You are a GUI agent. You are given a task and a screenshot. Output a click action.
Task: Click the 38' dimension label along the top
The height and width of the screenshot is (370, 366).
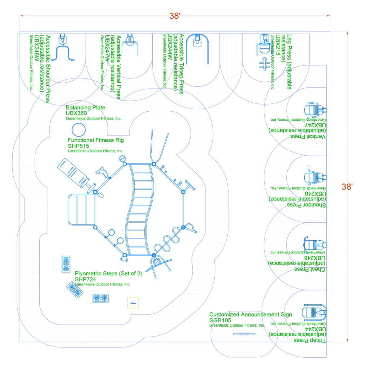[x=175, y=16]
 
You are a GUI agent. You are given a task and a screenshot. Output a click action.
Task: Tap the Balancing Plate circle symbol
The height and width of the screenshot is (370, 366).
[x=78, y=130]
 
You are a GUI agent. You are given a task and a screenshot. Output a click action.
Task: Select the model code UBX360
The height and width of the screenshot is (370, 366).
[x=77, y=113]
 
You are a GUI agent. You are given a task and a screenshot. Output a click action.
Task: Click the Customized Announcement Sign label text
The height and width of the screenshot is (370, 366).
[x=250, y=315]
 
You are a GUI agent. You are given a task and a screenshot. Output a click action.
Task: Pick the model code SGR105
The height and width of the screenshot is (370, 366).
[x=220, y=320]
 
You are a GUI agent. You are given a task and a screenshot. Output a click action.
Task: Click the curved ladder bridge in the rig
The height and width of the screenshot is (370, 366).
[x=139, y=210]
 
